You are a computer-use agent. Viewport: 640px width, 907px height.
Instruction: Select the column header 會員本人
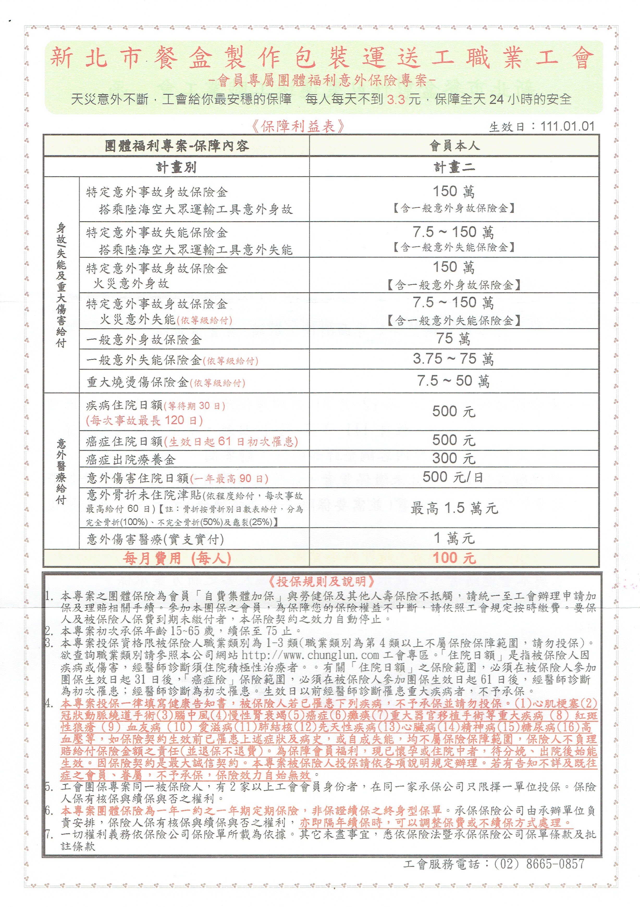pyautogui.click(x=454, y=146)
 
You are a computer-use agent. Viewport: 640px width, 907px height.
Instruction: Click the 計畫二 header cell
pyautogui.click(x=454, y=167)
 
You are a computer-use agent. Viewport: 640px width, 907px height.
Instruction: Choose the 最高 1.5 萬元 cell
pyautogui.click(x=454, y=508)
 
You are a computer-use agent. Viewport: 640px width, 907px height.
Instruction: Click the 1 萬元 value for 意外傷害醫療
pyautogui.click(x=454, y=538)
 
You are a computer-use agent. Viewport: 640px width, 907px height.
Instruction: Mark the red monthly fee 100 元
pyautogui.click(x=454, y=558)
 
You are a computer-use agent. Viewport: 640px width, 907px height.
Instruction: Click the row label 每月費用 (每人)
pyautogui.click(x=176, y=558)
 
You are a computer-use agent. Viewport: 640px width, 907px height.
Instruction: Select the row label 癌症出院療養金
pyautogui.click(x=131, y=459)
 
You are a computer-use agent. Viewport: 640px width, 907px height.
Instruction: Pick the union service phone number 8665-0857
pyautogui.click(x=555, y=864)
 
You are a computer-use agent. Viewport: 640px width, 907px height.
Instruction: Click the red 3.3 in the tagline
pyautogui.click(x=396, y=99)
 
